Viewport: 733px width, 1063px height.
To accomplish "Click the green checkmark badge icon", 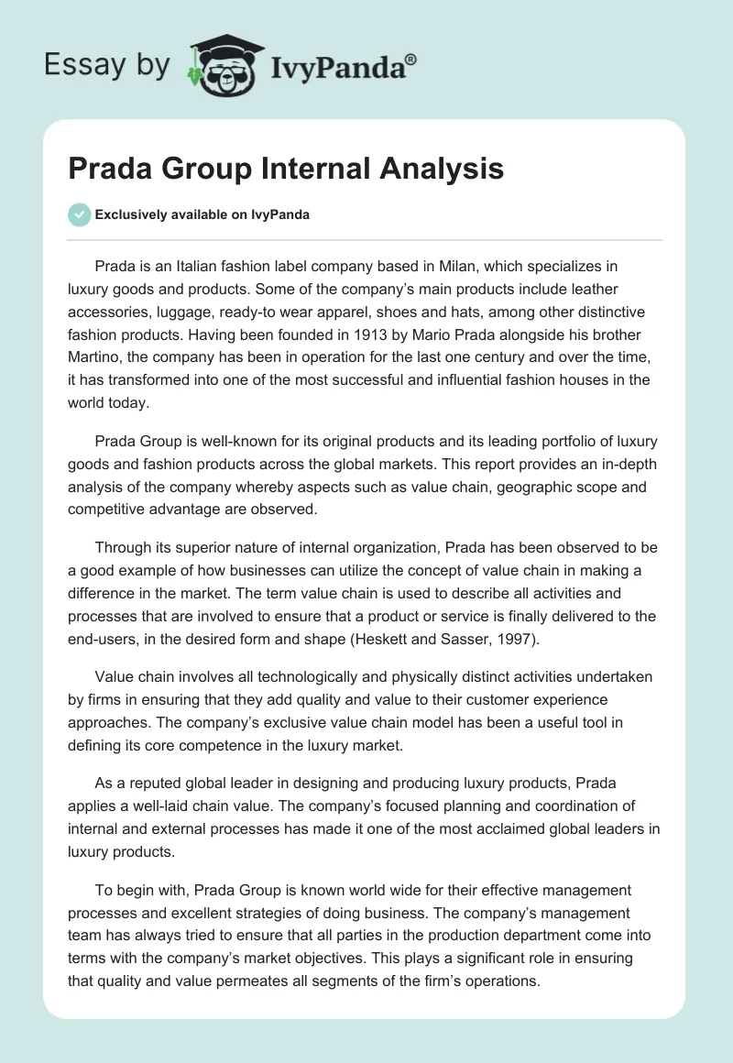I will pos(79,214).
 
